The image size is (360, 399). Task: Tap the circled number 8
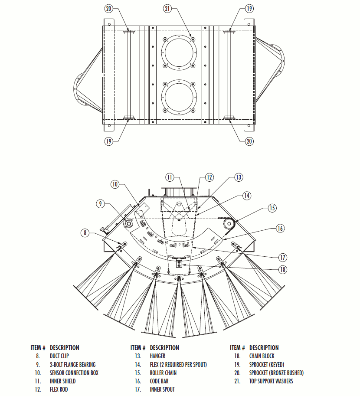coord(85,233)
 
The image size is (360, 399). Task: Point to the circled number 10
coord(115,184)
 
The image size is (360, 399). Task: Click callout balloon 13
coord(238,177)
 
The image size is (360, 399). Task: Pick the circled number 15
coord(272,208)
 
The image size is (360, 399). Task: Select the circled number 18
coord(282,269)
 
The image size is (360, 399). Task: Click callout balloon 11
coord(170,177)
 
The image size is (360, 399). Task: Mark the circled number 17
coord(284,256)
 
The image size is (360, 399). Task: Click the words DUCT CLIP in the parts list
coord(59,356)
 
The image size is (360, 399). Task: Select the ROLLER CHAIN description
coord(163,373)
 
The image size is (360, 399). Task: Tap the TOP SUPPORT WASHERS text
coord(271,381)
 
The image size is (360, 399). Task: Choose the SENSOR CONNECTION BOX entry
coord(74,373)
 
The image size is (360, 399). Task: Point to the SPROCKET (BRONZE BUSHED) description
coord(276,373)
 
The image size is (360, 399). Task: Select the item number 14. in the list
coord(139,365)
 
